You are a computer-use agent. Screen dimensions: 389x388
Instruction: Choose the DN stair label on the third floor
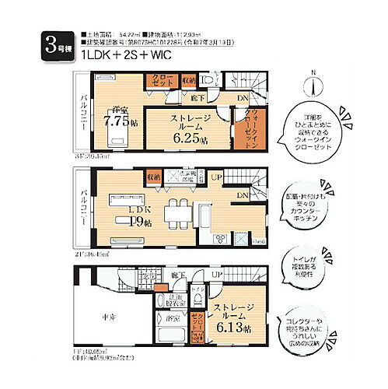coord(242,100)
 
